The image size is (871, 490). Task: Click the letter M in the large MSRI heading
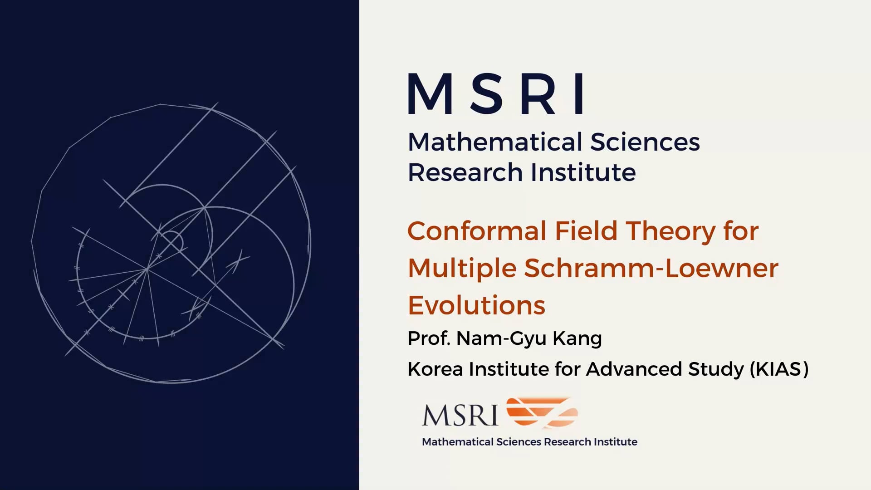431,93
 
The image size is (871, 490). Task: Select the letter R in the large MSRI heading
538,93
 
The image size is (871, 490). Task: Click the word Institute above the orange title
583,172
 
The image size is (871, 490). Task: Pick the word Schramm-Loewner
651,268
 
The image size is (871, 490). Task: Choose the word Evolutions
476,305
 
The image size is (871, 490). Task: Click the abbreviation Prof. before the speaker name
428,338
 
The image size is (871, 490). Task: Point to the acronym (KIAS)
779,369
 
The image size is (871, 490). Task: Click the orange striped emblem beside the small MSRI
542,412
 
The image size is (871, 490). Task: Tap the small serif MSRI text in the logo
460,415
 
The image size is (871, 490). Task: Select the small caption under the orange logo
529,442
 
